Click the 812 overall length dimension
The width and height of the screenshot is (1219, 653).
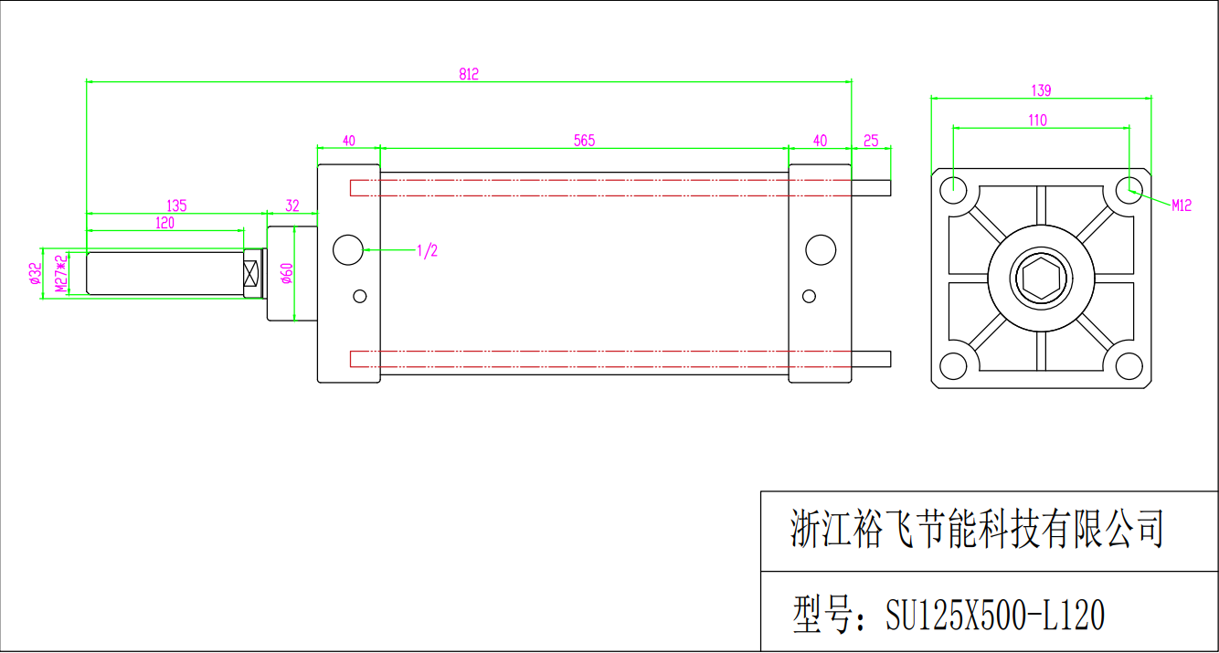click(469, 74)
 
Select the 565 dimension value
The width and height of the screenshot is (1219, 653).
click(585, 141)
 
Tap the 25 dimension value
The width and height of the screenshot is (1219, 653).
click(871, 141)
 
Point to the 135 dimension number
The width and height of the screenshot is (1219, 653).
click(176, 206)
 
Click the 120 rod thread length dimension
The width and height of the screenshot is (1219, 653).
click(164, 223)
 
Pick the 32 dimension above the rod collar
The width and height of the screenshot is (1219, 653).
click(292, 205)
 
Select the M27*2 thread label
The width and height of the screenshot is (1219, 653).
click(61, 273)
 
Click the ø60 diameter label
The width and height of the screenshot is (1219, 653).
click(287, 273)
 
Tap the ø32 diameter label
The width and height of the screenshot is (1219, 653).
click(36, 273)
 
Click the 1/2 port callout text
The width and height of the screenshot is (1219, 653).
click(427, 250)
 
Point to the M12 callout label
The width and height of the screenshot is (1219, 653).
click(1182, 205)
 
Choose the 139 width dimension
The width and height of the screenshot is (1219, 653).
click(1041, 90)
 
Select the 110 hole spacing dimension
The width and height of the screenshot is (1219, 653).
click(1038, 121)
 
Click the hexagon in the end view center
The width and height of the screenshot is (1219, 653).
click(1041, 279)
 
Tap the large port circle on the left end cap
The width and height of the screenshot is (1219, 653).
click(348, 250)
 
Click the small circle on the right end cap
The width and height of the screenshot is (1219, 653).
click(810, 296)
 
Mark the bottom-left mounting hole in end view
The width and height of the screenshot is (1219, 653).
click(953, 366)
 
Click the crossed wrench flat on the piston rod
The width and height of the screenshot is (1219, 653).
click(250, 273)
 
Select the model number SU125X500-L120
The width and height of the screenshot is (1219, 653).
click(995, 615)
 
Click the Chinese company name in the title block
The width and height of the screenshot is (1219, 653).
click(977, 529)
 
